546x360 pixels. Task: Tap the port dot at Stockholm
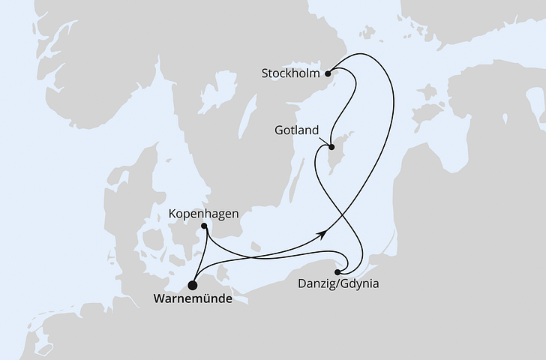327,73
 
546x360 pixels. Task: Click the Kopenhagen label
205,213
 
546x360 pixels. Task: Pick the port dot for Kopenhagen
205,227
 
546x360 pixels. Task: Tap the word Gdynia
360,285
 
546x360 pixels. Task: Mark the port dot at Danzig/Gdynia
338,272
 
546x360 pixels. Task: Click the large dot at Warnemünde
193,285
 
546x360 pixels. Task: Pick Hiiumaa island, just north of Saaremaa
428,92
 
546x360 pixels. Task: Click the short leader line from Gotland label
324,140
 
